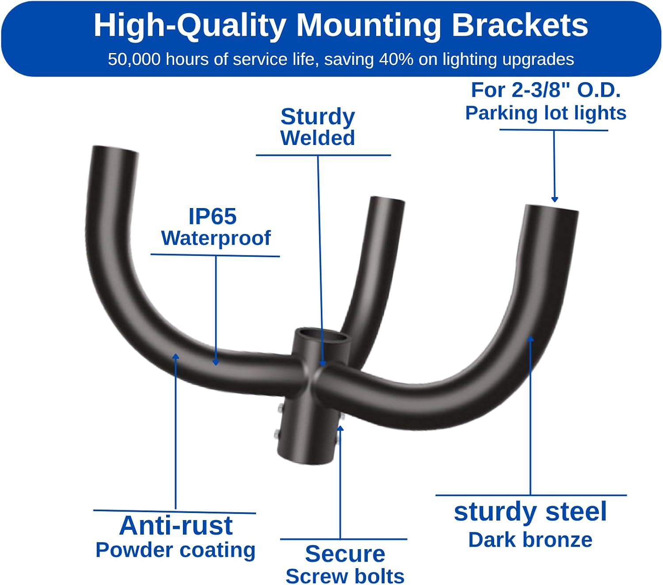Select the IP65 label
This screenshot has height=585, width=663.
[x=213, y=217]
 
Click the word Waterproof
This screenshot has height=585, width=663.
[x=216, y=238]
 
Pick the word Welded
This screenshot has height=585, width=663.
[x=317, y=138]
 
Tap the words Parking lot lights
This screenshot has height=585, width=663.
[x=545, y=113]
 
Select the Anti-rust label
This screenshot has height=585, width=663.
[x=176, y=525]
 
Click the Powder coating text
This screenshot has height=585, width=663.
[x=175, y=550]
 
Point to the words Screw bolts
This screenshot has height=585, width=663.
[x=345, y=576]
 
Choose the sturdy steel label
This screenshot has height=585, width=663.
[x=530, y=512]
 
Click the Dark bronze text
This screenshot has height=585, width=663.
[x=530, y=540]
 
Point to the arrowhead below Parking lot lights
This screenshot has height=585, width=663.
[x=554, y=199]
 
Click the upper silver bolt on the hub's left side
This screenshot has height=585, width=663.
[x=280, y=408]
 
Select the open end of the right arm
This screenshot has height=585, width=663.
[x=552, y=208]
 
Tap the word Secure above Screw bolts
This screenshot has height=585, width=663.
[x=345, y=554]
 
